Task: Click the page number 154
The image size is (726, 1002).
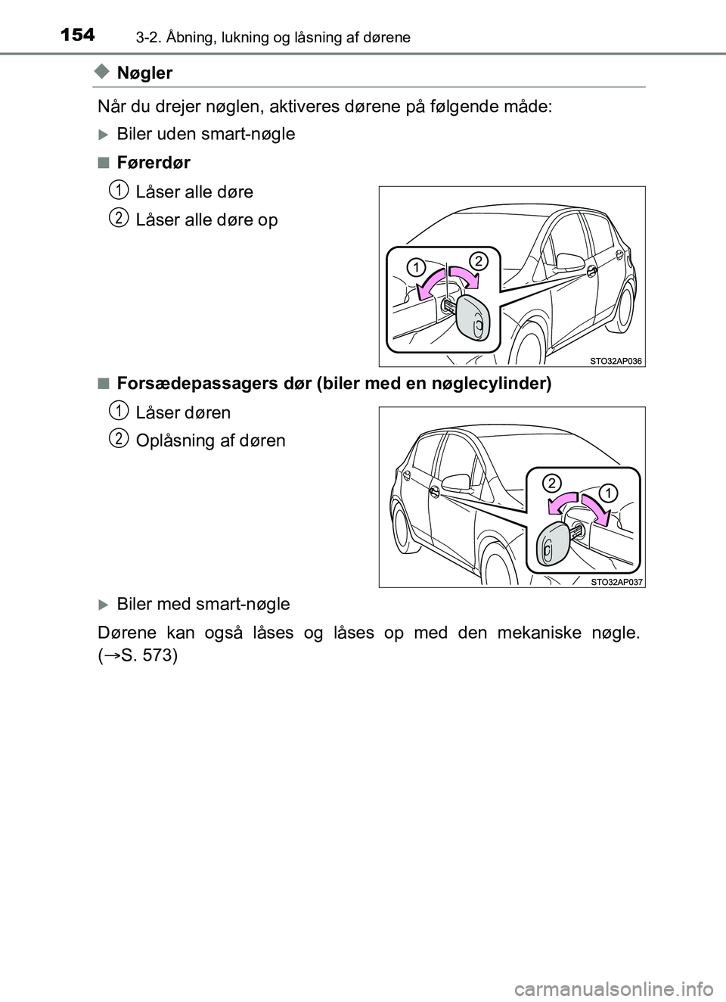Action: (77, 35)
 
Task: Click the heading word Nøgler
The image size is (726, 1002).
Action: (144, 73)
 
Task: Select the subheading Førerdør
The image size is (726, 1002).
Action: (154, 163)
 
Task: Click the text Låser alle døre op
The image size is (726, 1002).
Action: (206, 220)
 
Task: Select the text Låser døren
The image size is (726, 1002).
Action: (183, 412)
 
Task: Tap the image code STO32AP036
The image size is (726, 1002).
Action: (616, 361)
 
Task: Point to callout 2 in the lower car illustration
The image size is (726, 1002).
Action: (552, 483)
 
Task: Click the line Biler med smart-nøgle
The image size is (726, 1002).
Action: (203, 604)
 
